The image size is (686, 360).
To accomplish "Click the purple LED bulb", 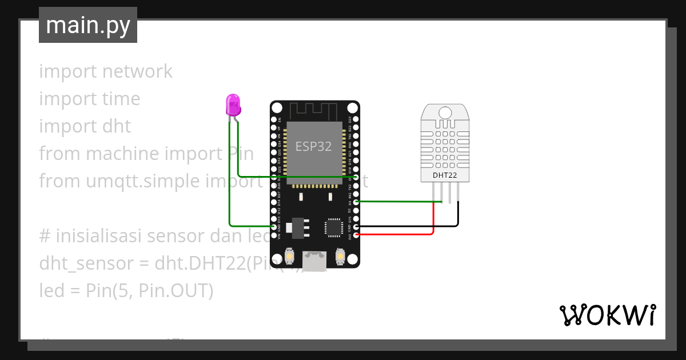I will tap(233, 105).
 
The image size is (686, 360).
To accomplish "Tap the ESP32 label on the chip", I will tap(313, 146).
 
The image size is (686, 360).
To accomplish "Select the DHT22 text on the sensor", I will tap(445, 175).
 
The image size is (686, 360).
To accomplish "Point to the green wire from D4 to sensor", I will tap(394, 201).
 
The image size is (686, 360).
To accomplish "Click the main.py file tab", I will tap(88, 25).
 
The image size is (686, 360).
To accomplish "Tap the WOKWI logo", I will tap(607, 315).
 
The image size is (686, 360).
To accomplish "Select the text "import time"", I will tap(90, 99).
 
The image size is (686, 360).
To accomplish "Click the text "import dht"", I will tap(85, 126).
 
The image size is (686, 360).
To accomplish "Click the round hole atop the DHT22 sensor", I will tap(445, 112).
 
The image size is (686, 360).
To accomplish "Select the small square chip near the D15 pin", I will tap(333, 227).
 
